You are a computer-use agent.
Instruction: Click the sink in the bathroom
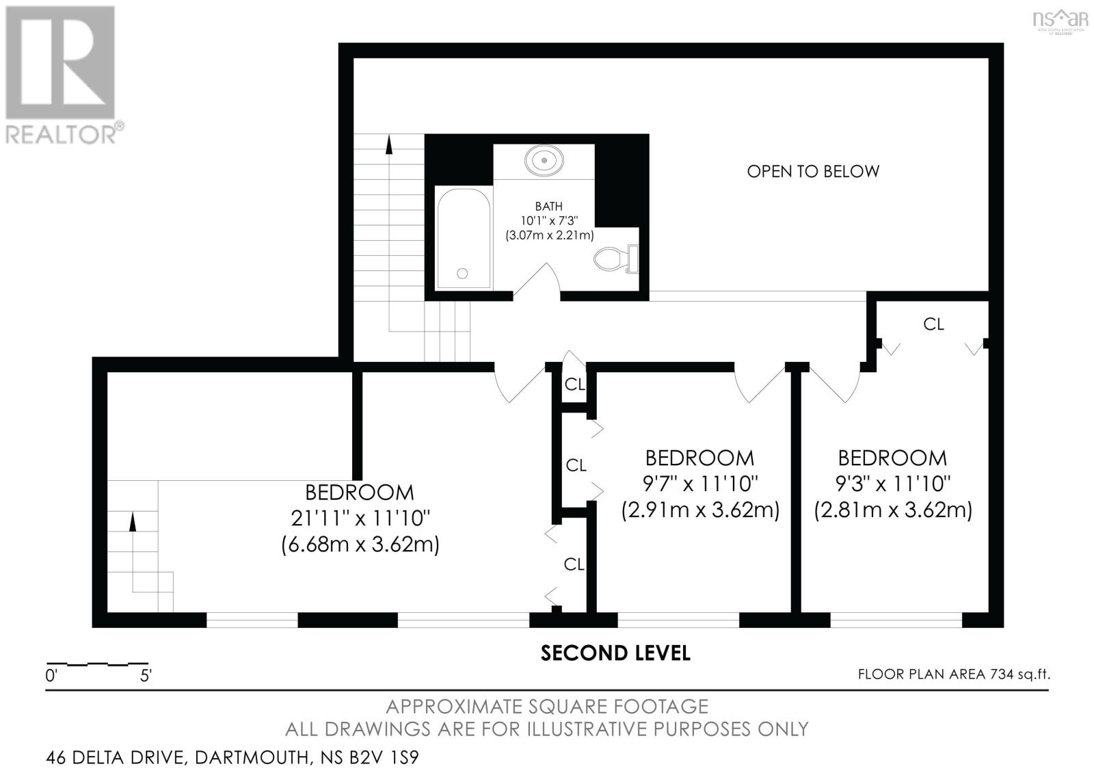click(544, 160)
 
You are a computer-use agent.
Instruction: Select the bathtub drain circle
click(462, 274)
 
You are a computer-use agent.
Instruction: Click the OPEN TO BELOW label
click(812, 171)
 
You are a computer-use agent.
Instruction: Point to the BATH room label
click(548, 206)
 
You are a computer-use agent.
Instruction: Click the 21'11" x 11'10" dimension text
click(360, 518)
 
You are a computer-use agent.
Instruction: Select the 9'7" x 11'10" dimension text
click(700, 484)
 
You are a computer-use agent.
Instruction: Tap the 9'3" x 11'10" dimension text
click(892, 484)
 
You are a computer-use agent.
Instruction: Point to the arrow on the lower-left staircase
click(133, 521)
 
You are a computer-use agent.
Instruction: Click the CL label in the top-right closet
click(933, 324)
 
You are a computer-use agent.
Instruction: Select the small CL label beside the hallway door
click(574, 384)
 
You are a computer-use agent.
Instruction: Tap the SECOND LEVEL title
click(615, 653)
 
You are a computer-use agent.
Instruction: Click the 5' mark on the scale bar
click(146, 676)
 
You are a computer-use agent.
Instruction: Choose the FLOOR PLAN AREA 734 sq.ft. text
click(953, 674)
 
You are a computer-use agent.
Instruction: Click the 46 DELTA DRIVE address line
click(232, 757)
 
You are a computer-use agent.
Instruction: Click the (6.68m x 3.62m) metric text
click(360, 545)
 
